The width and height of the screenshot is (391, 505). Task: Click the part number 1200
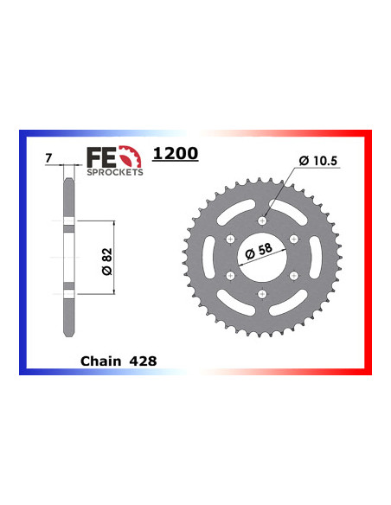(175, 154)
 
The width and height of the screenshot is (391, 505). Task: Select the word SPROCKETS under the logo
(114, 172)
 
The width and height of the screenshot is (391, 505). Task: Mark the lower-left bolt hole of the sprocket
(229, 274)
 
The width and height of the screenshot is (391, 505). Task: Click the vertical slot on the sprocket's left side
(204, 256)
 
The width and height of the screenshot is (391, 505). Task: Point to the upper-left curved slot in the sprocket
(232, 206)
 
